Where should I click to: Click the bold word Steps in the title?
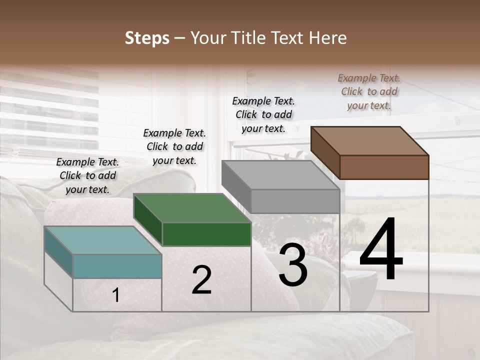(147, 38)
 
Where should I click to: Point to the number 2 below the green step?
(201, 280)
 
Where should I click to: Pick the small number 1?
(116, 295)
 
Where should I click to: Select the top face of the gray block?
(280, 175)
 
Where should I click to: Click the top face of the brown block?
(369, 141)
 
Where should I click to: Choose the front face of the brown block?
(384, 167)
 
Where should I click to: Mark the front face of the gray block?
(295, 201)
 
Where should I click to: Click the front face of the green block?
(206, 234)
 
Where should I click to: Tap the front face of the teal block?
(117, 266)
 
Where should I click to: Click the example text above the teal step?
(87, 176)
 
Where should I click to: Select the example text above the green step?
(174, 147)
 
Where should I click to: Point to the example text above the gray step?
(263, 114)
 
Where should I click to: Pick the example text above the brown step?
(369, 91)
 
